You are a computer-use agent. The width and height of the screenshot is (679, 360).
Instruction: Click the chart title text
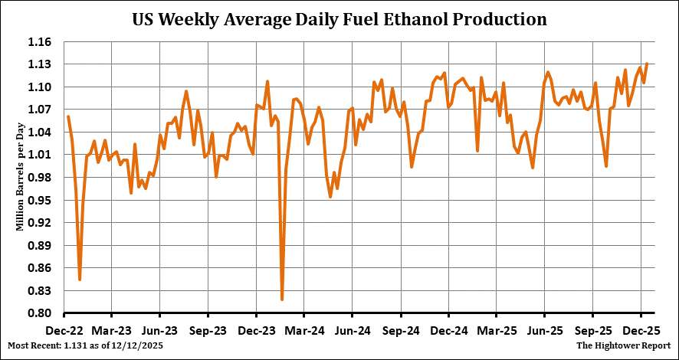click(x=339, y=19)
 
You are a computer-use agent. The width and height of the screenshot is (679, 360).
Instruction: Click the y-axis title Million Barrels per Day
click(x=21, y=178)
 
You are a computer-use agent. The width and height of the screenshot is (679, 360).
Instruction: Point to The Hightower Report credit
click(x=625, y=346)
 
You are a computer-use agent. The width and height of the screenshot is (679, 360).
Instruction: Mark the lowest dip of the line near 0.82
click(x=282, y=299)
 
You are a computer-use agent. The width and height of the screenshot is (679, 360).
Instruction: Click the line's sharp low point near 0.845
click(x=80, y=280)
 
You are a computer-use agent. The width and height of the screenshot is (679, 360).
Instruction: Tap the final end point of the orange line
click(x=647, y=64)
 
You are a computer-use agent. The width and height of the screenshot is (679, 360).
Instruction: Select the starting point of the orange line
click(x=68, y=116)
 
